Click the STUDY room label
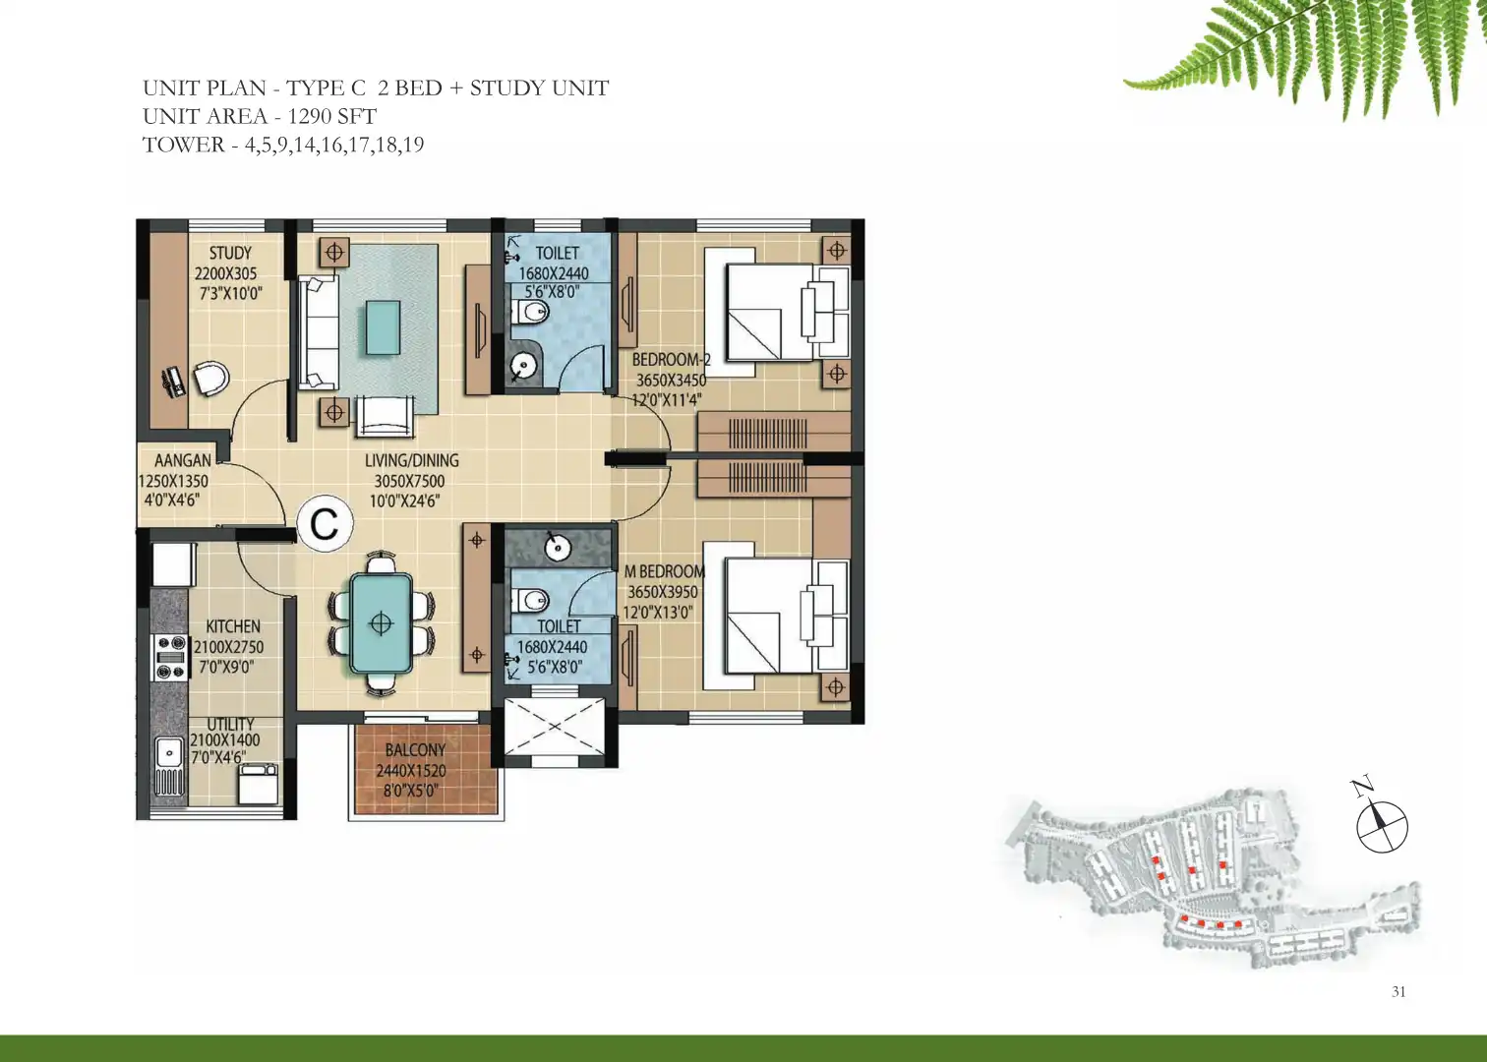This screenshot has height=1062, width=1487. pos(230,253)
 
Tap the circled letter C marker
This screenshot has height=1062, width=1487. pos(325,524)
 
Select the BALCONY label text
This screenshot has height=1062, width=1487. pos(415,750)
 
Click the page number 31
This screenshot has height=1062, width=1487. pos(1398,991)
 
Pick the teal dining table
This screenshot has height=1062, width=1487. pos(381,623)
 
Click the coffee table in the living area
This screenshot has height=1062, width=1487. pos(383,327)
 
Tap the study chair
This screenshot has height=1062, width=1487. pos(211,379)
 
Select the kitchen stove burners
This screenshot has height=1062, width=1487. pos(170,657)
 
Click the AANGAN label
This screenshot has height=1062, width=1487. pos(183,460)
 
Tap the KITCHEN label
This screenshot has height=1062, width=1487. pos(233,626)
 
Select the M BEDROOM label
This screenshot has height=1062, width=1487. pos(665,570)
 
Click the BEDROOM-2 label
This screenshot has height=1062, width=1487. pos(671,359)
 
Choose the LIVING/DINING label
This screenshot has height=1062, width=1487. pos(411,460)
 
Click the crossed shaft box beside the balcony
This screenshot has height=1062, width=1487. pos(555,726)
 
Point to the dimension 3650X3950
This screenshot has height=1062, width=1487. pos(663,591)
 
